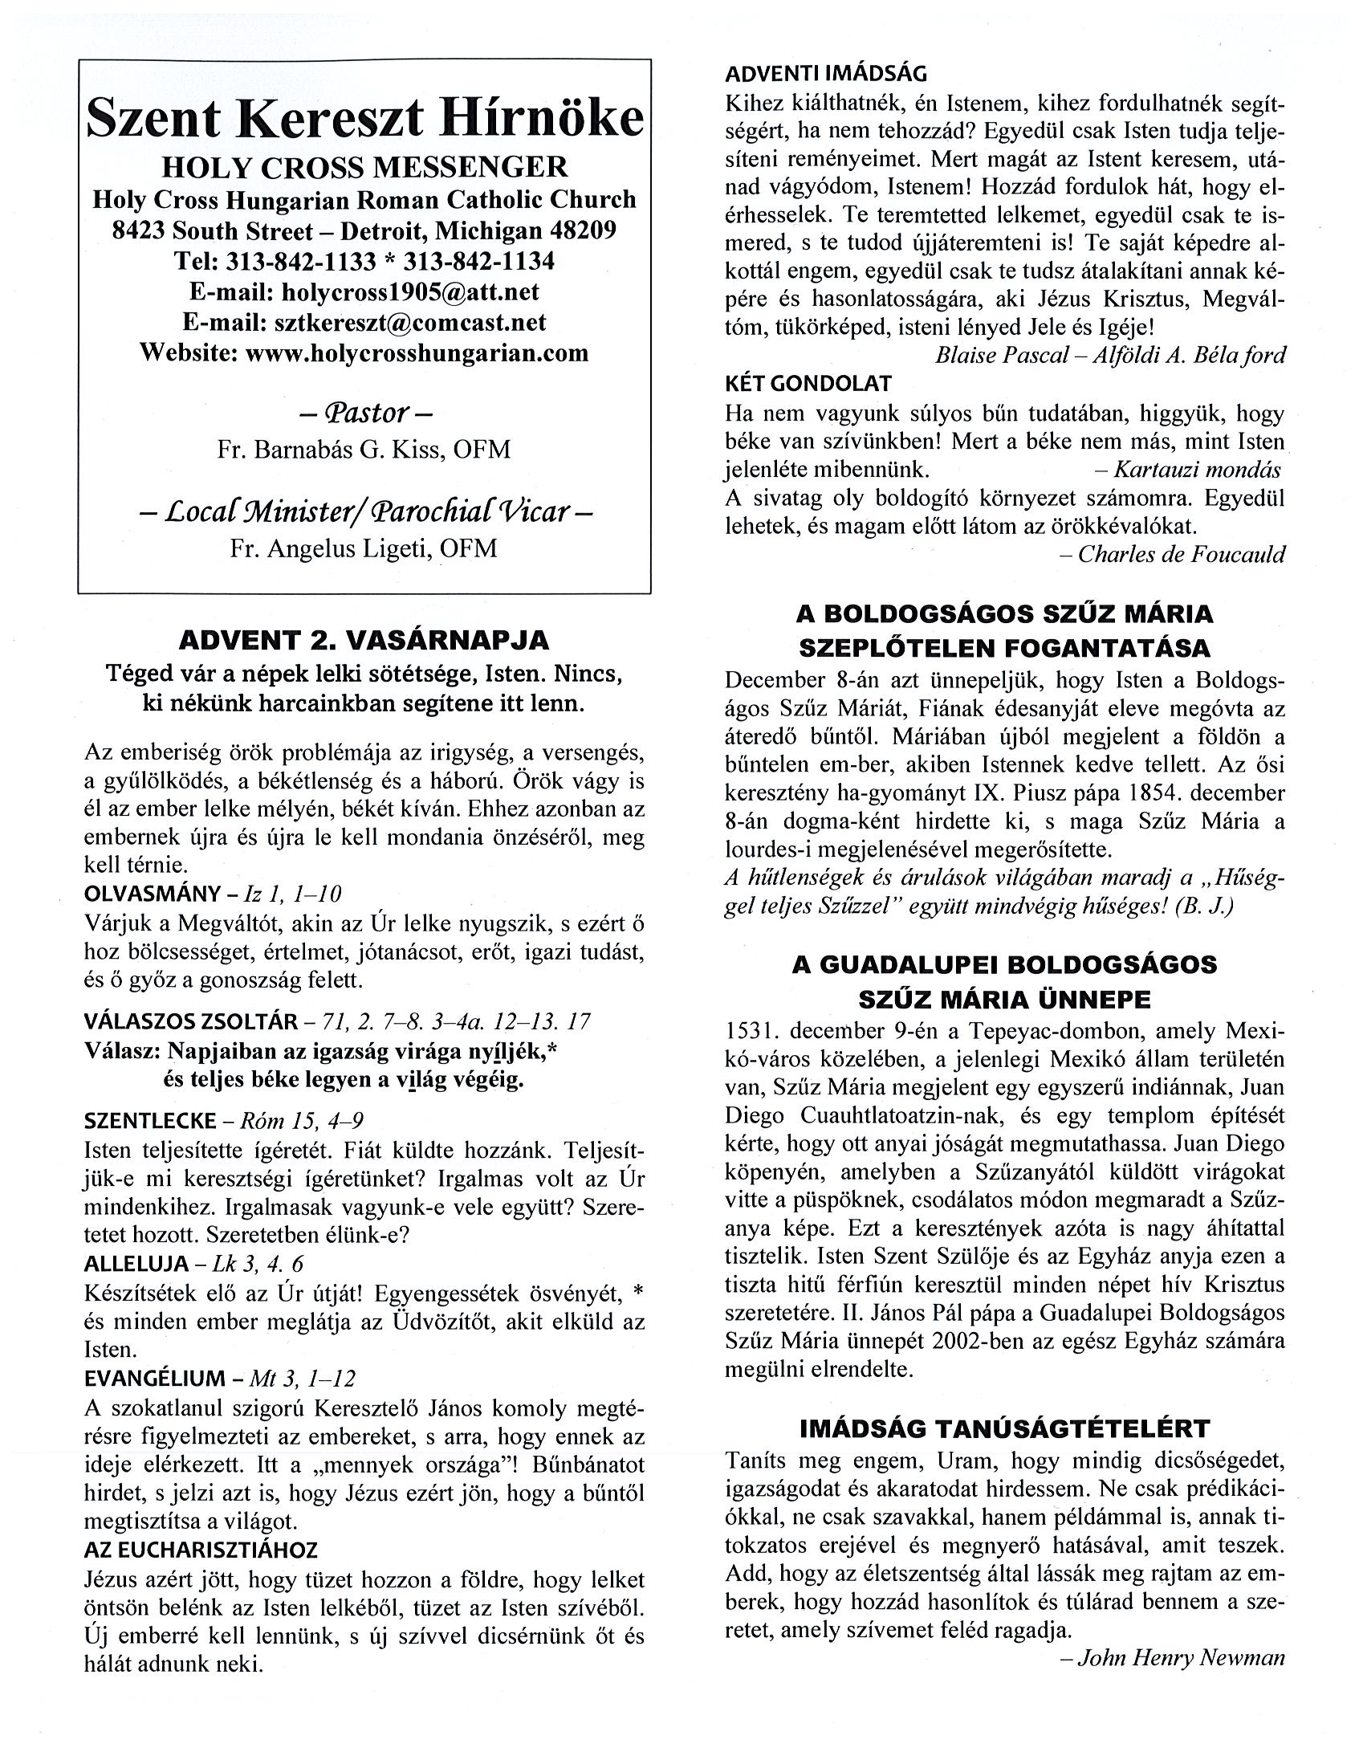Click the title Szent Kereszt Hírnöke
click(x=364, y=120)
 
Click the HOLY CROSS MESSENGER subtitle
click(x=364, y=167)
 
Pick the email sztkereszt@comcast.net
click(x=410, y=322)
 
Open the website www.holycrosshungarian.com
click(x=417, y=353)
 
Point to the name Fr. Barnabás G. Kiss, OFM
click(x=364, y=449)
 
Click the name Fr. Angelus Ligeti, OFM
click(x=364, y=548)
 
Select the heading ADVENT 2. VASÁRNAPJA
click(x=364, y=641)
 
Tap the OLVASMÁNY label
click(x=153, y=894)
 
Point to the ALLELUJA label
click(x=136, y=1263)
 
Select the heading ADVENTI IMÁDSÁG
click(x=826, y=74)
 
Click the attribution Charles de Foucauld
click(x=1181, y=555)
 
